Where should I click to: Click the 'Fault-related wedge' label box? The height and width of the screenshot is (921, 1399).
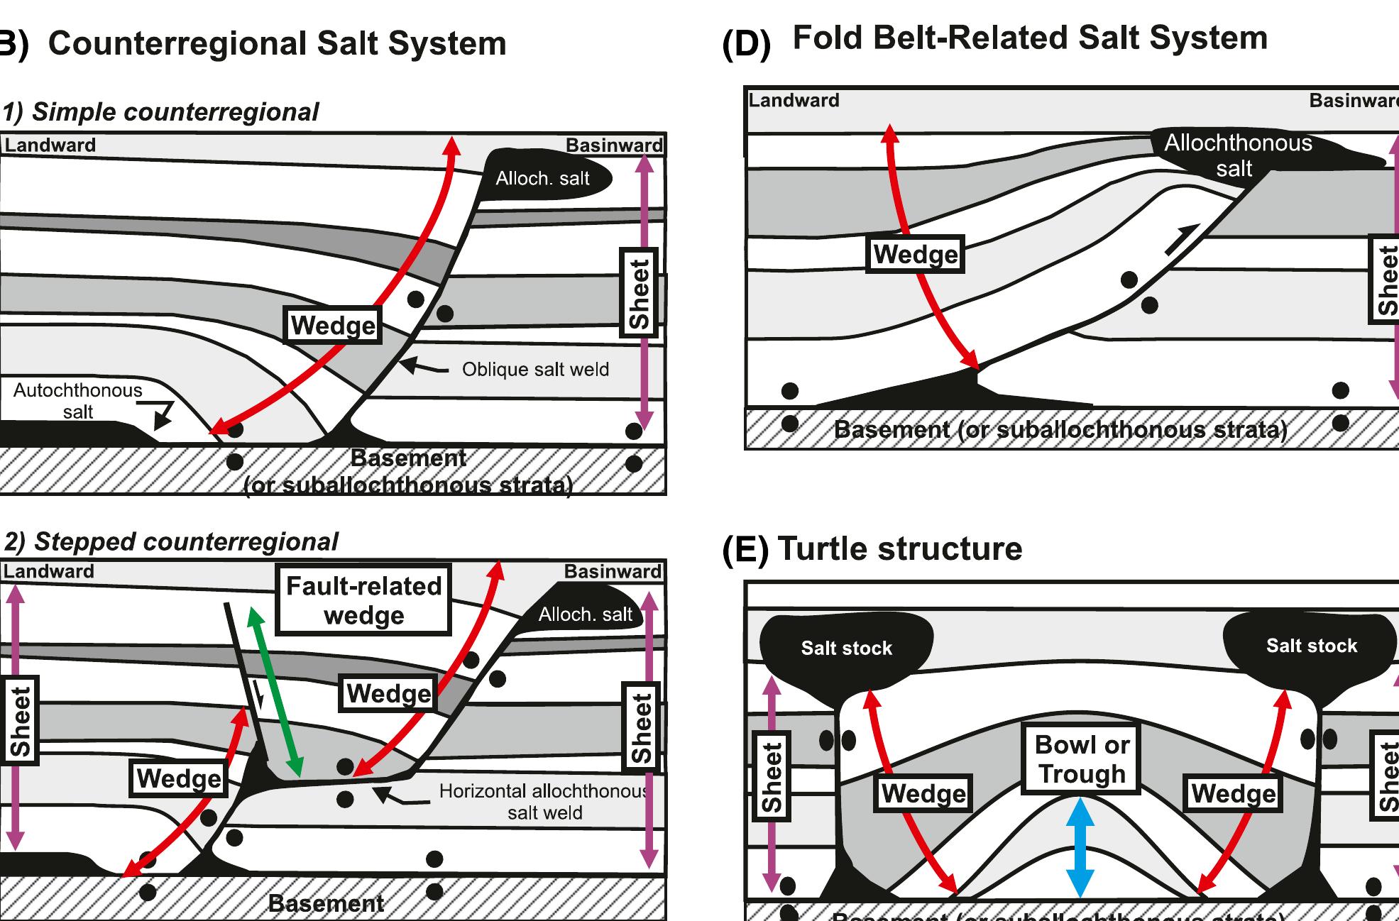click(363, 600)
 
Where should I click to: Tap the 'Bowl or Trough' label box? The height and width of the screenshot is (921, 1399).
click(1081, 759)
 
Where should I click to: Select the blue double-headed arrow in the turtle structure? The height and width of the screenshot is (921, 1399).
click(1080, 847)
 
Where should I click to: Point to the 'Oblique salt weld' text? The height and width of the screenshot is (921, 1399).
click(535, 369)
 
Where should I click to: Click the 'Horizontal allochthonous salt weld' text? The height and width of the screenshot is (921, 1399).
click(544, 802)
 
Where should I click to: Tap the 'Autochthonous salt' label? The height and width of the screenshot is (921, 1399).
click(77, 401)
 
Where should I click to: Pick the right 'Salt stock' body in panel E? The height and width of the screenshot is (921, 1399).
click(1310, 645)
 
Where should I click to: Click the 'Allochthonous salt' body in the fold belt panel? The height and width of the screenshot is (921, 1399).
click(1238, 156)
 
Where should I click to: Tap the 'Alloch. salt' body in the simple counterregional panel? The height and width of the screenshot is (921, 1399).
click(544, 177)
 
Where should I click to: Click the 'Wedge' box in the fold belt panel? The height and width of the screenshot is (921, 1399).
click(915, 254)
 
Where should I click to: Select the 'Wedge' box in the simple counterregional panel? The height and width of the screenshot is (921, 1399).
click(333, 326)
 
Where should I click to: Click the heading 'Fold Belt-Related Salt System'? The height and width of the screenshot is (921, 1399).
click(1029, 38)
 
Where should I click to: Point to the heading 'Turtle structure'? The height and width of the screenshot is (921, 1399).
click(899, 548)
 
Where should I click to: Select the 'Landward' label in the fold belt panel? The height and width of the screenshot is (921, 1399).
click(794, 100)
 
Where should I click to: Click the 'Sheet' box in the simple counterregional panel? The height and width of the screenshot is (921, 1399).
click(639, 292)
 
